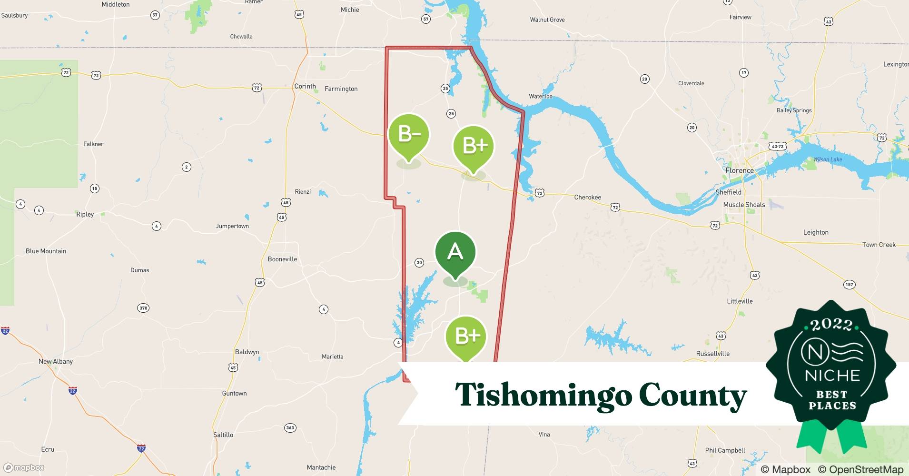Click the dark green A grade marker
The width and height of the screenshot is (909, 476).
click(x=455, y=252)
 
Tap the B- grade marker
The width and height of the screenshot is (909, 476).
click(x=409, y=135)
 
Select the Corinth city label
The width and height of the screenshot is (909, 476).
click(x=305, y=86)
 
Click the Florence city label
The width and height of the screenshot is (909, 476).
click(x=739, y=170)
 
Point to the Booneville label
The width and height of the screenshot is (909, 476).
click(x=282, y=259)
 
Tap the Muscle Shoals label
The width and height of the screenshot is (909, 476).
click(x=744, y=205)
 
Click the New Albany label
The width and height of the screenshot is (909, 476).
click(x=56, y=361)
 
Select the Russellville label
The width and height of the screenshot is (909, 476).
click(x=712, y=354)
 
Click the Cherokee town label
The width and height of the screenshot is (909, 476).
click(x=587, y=197)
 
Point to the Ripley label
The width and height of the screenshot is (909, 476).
click(x=85, y=214)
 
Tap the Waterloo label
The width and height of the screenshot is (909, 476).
click(x=541, y=96)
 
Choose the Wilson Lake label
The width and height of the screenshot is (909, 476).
click(x=828, y=159)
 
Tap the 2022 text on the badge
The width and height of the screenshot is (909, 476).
click(x=831, y=325)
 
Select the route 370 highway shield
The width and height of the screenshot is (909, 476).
click(x=143, y=308)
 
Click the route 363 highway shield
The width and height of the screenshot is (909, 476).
click(x=290, y=427)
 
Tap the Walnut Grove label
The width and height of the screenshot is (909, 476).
click(x=547, y=20)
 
